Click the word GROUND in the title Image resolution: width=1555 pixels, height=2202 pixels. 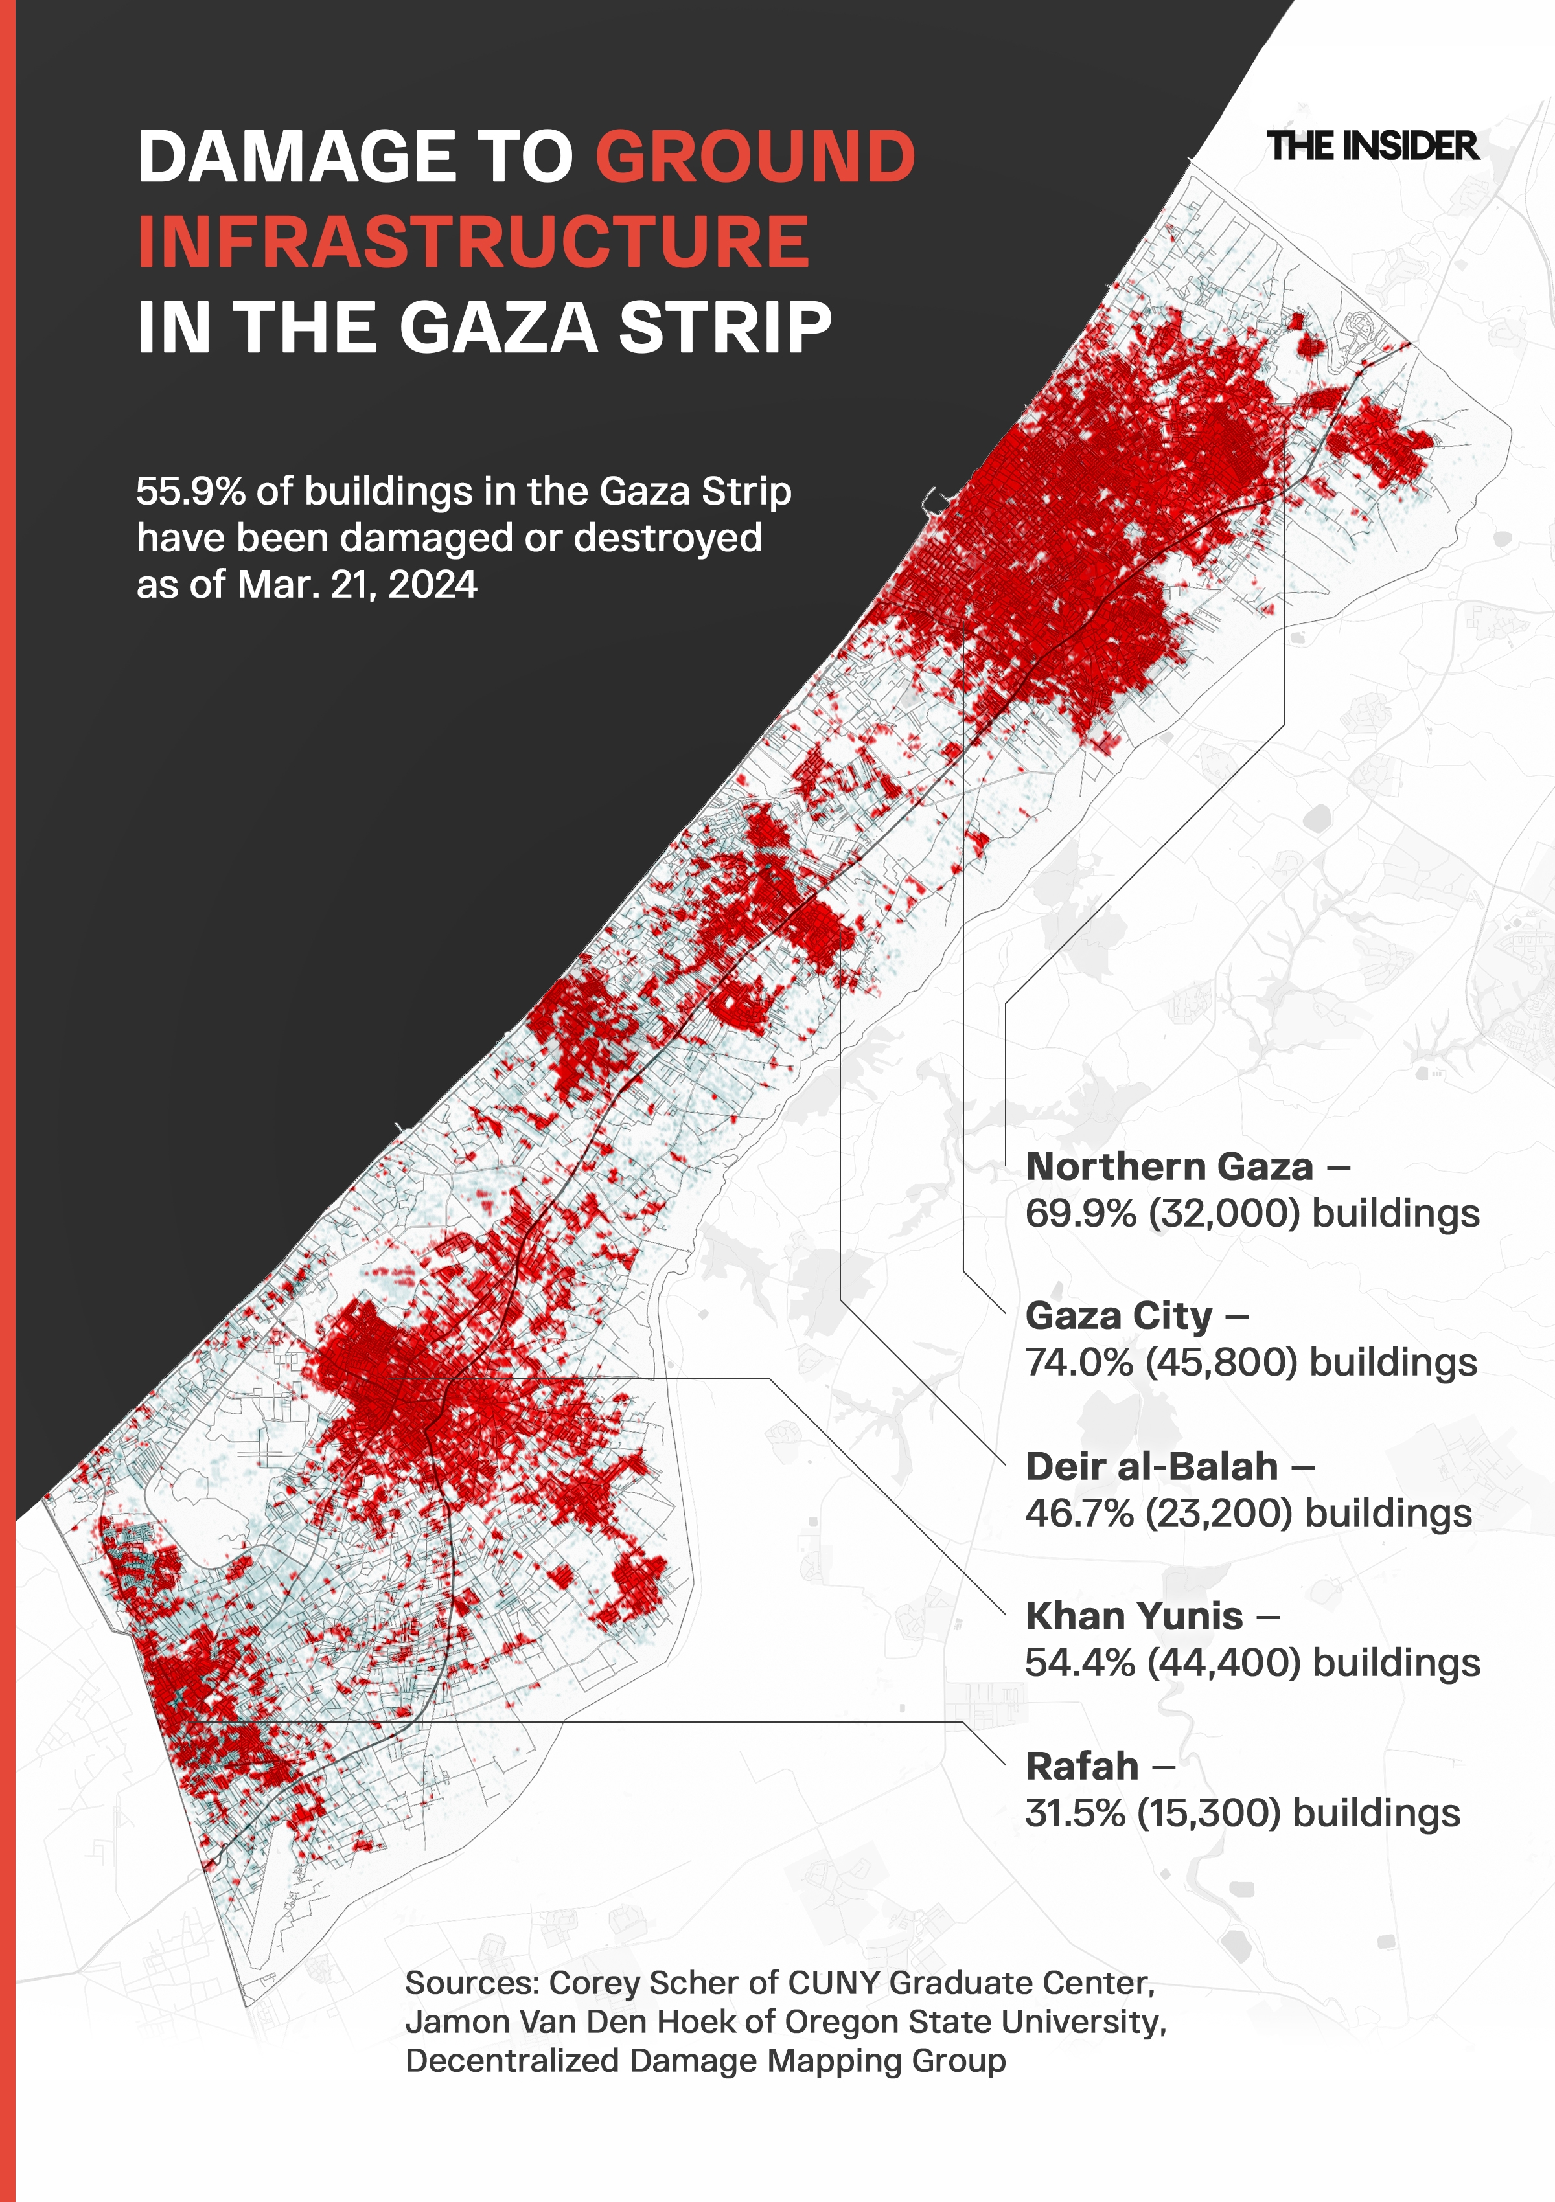coord(755,157)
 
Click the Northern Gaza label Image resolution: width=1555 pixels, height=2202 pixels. coord(1168,1167)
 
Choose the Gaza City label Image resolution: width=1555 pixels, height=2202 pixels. coord(1118,1316)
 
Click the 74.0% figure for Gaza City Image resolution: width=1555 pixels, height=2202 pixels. coord(1079,1363)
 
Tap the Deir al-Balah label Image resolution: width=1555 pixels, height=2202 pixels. coord(1151,1466)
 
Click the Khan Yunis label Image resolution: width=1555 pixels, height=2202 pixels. coord(1134,1616)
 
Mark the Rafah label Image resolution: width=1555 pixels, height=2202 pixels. coord(1082,1765)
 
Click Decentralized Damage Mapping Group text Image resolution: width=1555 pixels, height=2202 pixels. coord(705,2060)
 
